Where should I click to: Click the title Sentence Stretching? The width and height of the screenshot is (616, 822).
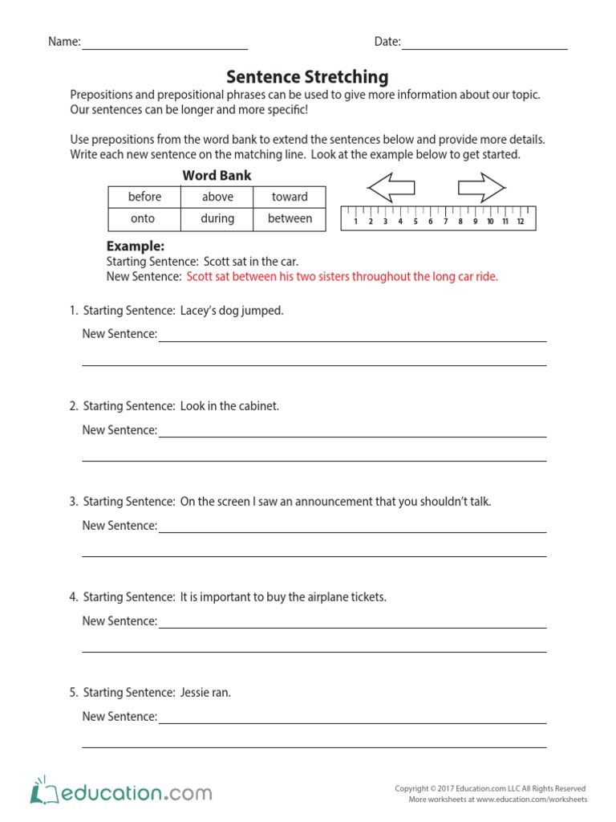(x=307, y=77)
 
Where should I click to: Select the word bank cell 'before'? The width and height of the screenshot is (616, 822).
(x=144, y=197)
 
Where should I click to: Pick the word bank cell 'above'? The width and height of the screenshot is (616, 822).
(x=217, y=197)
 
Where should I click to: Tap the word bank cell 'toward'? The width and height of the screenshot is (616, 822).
(x=290, y=197)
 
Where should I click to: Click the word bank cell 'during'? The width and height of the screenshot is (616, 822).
(x=217, y=218)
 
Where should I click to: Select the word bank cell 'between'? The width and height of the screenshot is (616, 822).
(x=290, y=218)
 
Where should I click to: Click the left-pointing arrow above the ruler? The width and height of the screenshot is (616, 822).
(x=391, y=188)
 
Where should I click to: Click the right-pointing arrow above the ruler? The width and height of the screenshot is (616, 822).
(x=481, y=188)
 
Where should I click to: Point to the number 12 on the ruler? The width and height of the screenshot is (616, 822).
(x=520, y=222)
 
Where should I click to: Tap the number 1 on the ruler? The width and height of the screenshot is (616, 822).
(x=355, y=222)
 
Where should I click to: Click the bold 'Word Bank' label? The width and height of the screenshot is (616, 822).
(x=217, y=175)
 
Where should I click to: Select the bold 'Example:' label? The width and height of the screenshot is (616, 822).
(x=136, y=246)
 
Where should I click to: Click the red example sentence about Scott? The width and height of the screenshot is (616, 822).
(x=342, y=276)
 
